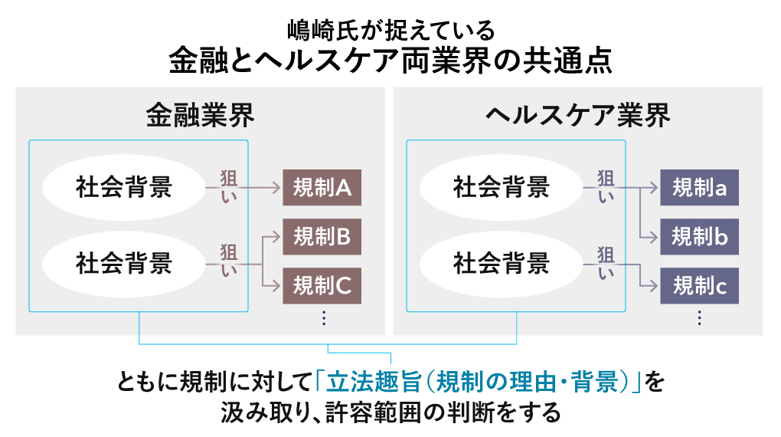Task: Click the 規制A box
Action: [x=322, y=187]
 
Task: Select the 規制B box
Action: [x=322, y=237]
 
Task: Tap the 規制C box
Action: [x=322, y=286]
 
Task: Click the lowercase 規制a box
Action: [x=699, y=188]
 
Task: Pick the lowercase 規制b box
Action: [x=699, y=237]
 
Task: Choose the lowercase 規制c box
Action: [x=699, y=286]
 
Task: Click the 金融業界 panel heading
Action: [x=200, y=115]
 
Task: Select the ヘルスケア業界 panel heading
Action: [x=578, y=115]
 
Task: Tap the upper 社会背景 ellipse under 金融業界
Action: [x=124, y=187]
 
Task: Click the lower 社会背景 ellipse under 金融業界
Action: [x=124, y=263]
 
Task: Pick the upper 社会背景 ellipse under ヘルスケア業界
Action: [x=502, y=187]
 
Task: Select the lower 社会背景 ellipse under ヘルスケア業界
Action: [x=502, y=263]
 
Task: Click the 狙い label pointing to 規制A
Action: [x=228, y=186]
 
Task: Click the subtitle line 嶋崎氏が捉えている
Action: [x=390, y=31]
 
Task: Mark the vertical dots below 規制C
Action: [x=324, y=317]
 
